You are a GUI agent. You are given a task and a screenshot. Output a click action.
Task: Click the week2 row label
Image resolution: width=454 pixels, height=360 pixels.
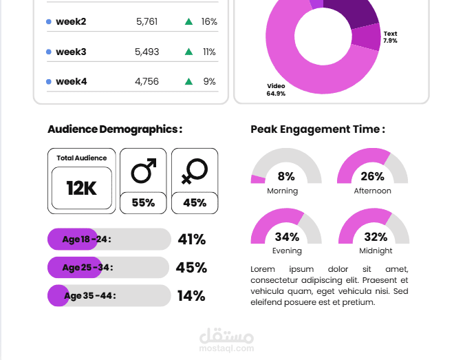pyautogui.click(x=71, y=22)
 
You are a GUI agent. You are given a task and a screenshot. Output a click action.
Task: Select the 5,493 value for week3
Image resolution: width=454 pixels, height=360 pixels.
pyautogui.click(x=147, y=52)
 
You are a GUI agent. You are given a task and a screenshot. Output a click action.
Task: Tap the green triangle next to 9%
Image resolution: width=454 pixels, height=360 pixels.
pyautogui.click(x=188, y=81)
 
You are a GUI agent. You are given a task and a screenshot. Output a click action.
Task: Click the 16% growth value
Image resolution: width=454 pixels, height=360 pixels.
pyautogui.click(x=209, y=22)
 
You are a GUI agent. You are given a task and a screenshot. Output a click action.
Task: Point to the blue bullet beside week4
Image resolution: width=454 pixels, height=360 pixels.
pyautogui.click(x=48, y=81)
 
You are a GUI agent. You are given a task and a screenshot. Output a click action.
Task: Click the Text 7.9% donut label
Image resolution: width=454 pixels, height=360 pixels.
pyautogui.click(x=390, y=37)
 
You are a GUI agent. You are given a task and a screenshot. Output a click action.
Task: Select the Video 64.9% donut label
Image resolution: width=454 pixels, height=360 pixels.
pyautogui.click(x=276, y=89)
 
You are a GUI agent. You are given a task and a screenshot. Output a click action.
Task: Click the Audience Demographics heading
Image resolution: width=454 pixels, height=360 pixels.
pyautogui.click(x=115, y=129)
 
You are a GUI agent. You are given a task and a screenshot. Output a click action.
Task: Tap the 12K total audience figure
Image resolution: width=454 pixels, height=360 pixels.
pyautogui.click(x=81, y=188)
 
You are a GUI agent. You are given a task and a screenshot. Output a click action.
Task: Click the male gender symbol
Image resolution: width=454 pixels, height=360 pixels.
pyautogui.click(x=144, y=171)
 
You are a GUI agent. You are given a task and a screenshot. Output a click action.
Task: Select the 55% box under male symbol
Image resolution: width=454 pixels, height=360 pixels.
pyautogui.click(x=143, y=203)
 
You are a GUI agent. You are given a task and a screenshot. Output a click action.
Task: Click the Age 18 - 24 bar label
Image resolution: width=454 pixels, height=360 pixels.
pyautogui.click(x=86, y=240)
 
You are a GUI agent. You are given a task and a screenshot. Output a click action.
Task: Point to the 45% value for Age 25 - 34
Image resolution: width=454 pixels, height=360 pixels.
pyautogui.click(x=191, y=268)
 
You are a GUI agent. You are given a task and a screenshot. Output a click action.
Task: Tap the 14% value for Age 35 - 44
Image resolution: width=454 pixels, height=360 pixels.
pyautogui.click(x=191, y=296)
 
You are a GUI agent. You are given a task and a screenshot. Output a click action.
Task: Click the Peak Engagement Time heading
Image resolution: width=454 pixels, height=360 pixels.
pyautogui.click(x=317, y=129)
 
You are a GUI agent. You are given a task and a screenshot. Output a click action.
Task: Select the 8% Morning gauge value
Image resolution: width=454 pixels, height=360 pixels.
pyautogui.click(x=286, y=176)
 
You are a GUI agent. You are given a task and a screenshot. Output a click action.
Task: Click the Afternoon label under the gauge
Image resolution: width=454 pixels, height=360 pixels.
pyautogui.click(x=372, y=191)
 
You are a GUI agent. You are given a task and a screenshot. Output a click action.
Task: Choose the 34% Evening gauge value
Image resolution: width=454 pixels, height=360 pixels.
pyautogui.click(x=286, y=237)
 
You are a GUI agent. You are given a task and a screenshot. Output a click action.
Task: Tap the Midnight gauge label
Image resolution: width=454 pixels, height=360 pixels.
pyautogui.click(x=376, y=251)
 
